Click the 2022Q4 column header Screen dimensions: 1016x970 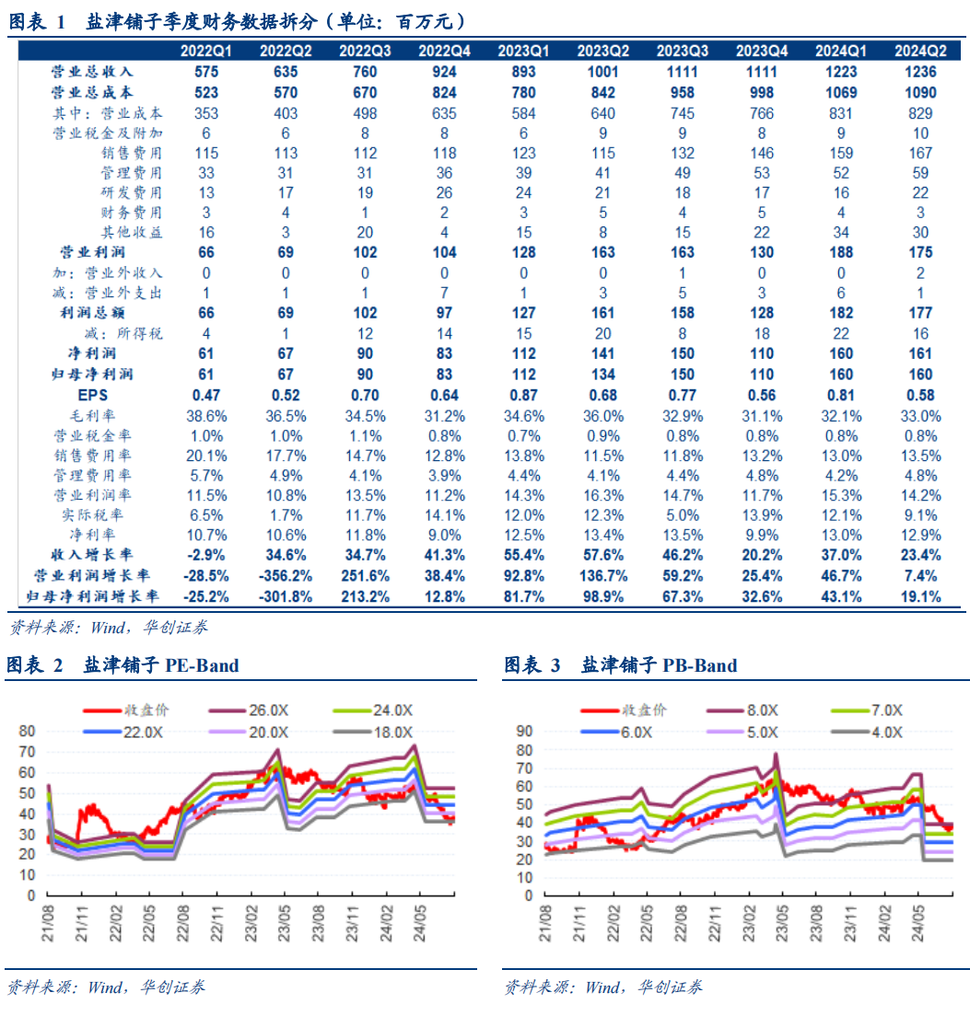[x=444, y=51]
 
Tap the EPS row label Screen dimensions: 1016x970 [x=93, y=395]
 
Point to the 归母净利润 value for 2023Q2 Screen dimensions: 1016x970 [x=602, y=375]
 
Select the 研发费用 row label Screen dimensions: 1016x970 [x=132, y=192]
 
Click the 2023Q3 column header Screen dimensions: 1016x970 [x=682, y=51]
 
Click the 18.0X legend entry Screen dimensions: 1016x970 [x=380, y=732]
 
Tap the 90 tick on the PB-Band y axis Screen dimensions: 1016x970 [x=524, y=731]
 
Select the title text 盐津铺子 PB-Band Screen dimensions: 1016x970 [x=659, y=665]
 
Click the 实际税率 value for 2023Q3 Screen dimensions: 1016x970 [x=682, y=515]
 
